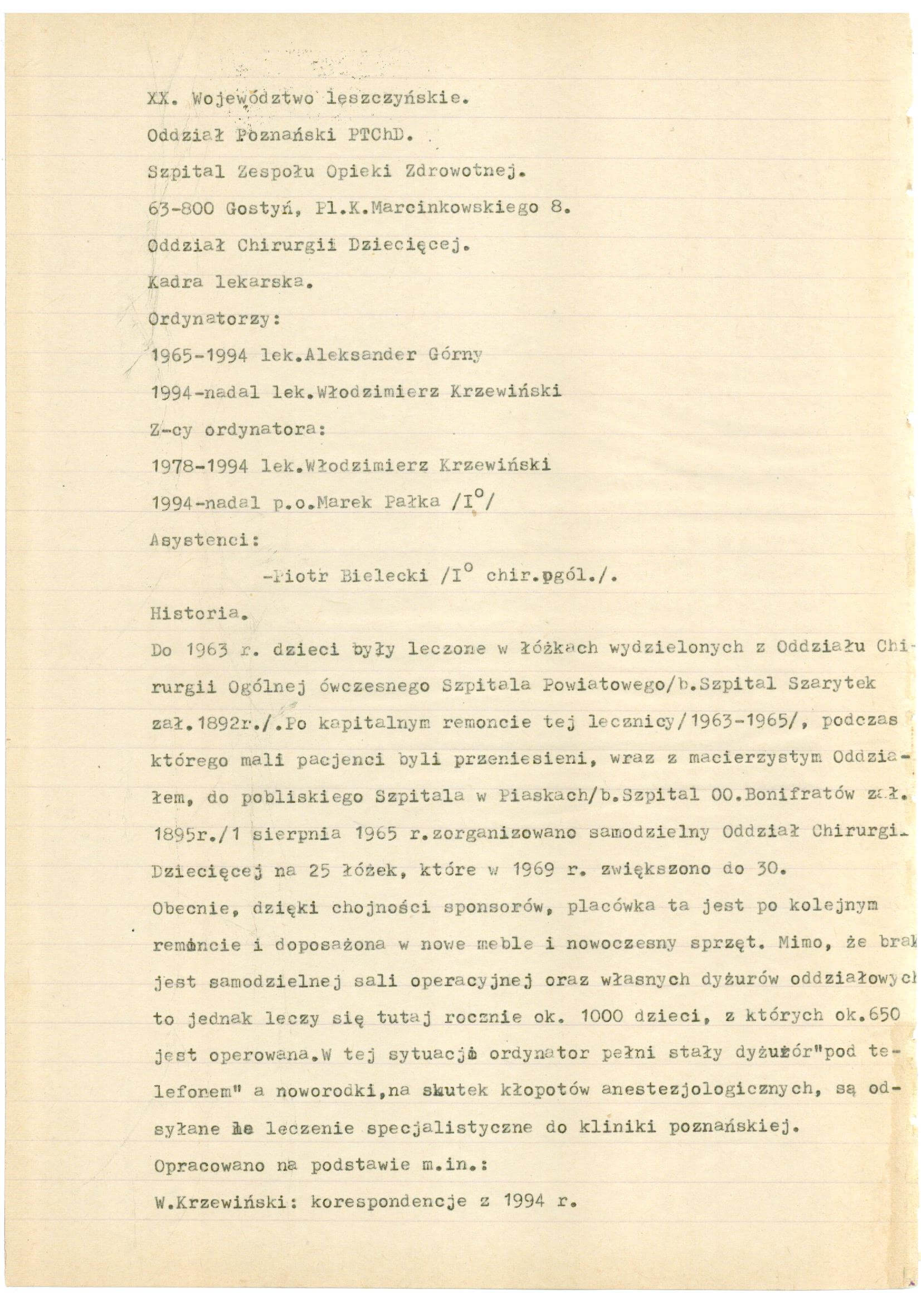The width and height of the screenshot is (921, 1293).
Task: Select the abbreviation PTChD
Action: pos(383,136)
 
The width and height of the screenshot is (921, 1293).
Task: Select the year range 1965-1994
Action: pos(198,355)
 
